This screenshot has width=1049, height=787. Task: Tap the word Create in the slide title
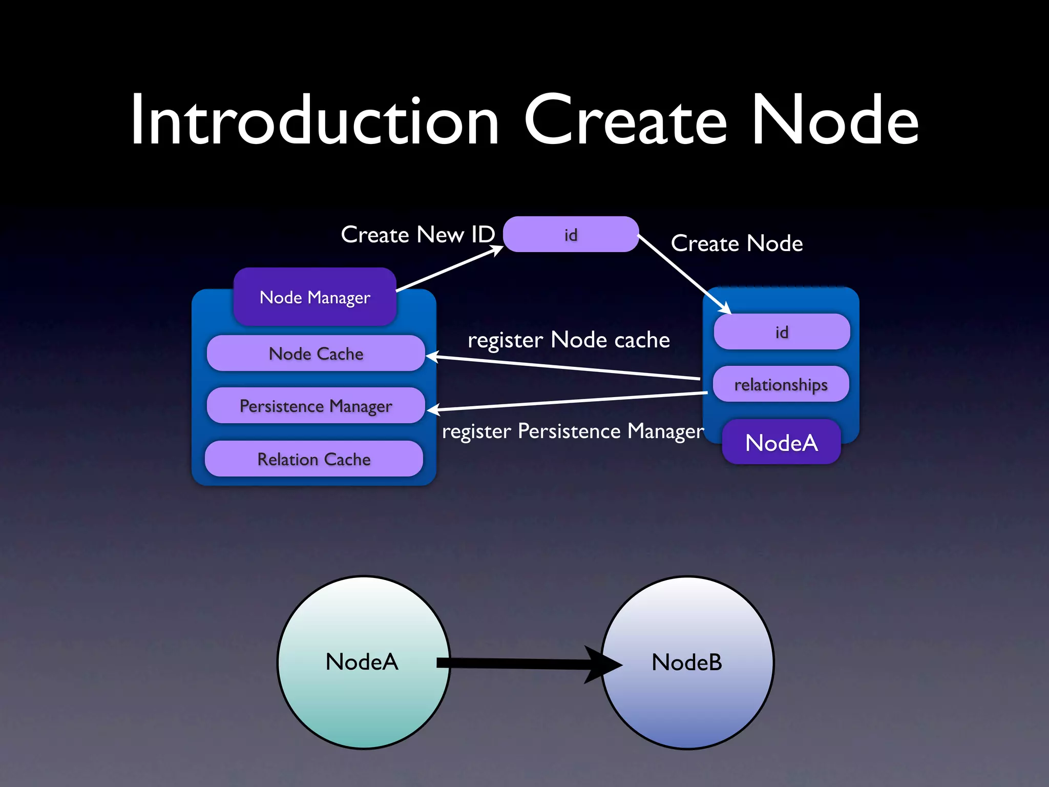point(625,121)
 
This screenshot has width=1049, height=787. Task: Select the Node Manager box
point(315,297)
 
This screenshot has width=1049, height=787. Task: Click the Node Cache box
point(316,354)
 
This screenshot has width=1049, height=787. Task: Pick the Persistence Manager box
point(316,406)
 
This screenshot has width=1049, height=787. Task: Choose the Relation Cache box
point(313,459)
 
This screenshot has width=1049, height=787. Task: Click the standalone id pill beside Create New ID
point(571,235)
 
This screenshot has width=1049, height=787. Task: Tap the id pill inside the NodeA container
point(782,332)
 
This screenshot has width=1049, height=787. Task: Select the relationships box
point(781,384)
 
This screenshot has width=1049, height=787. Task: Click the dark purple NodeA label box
point(781,443)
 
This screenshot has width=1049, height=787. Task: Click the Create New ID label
point(418,235)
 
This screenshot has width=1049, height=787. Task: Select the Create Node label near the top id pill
point(737,243)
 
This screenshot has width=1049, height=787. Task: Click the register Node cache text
point(569,340)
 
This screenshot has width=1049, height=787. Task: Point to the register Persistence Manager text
point(573,431)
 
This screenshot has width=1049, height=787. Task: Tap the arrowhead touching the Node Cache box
point(432,356)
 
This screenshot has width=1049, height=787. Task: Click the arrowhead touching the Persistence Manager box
point(433,409)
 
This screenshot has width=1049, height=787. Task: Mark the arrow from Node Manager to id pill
point(450,270)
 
